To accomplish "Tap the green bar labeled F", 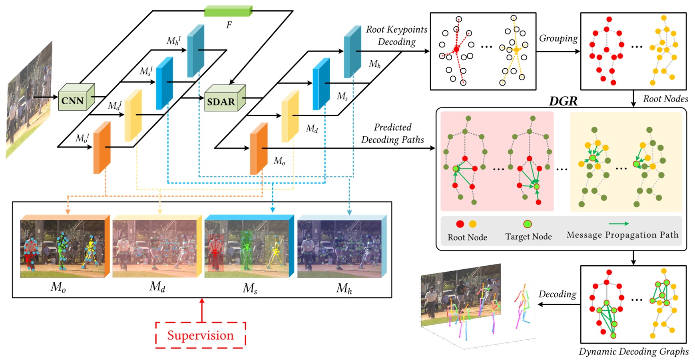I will tap(228, 11).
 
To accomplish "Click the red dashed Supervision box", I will tap(200, 335).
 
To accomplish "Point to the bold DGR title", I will tap(563, 101).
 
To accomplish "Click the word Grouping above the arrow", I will tap(558, 39).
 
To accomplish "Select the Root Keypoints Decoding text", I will tap(396, 36).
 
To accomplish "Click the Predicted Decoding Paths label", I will tap(392, 133).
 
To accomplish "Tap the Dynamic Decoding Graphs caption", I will tap(633, 352).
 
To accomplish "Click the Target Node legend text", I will tap(528, 237).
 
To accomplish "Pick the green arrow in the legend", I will tap(618, 224).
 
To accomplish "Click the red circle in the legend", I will tap(460, 224).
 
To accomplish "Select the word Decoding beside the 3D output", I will tap(557, 294).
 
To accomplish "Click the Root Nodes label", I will tap(665, 99).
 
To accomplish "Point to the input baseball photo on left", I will tap(29, 100).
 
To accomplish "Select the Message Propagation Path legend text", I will tap(622, 235).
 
